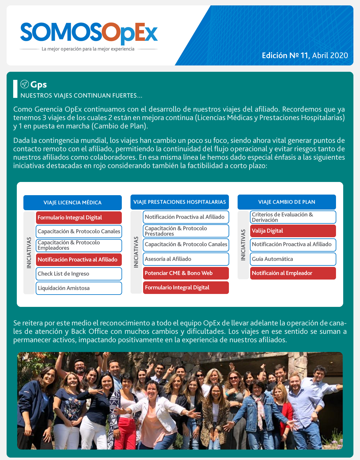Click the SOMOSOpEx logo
click(x=89, y=32)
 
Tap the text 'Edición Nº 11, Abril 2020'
click(x=305, y=56)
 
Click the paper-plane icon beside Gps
click(x=24, y=84)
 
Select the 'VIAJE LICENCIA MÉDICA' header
click(x=73, y=203)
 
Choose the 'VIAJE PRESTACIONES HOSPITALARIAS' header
click(x=179, y=202)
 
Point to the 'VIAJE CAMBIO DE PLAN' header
click(x=286, y=202)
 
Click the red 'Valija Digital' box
click(x=293, y=231)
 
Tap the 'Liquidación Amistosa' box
click(x=79, y=288)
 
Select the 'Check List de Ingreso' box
click(x=79, y=274)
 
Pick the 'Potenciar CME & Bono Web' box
click(x=186, y=273)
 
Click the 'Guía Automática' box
click(x=293, y=259)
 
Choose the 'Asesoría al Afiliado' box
click(x=186, y=259)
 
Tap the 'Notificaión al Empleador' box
click(x=293, y=273)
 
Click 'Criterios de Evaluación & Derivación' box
click(x=293, y=217)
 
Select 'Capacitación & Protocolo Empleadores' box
click(x=79, y=245)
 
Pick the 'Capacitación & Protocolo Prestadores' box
click(x=186, y=231)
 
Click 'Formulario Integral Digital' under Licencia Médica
click(x=79, y=218)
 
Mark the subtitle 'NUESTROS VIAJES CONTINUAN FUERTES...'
click(x=81, y=96)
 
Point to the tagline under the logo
click(x=88, y=49)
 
